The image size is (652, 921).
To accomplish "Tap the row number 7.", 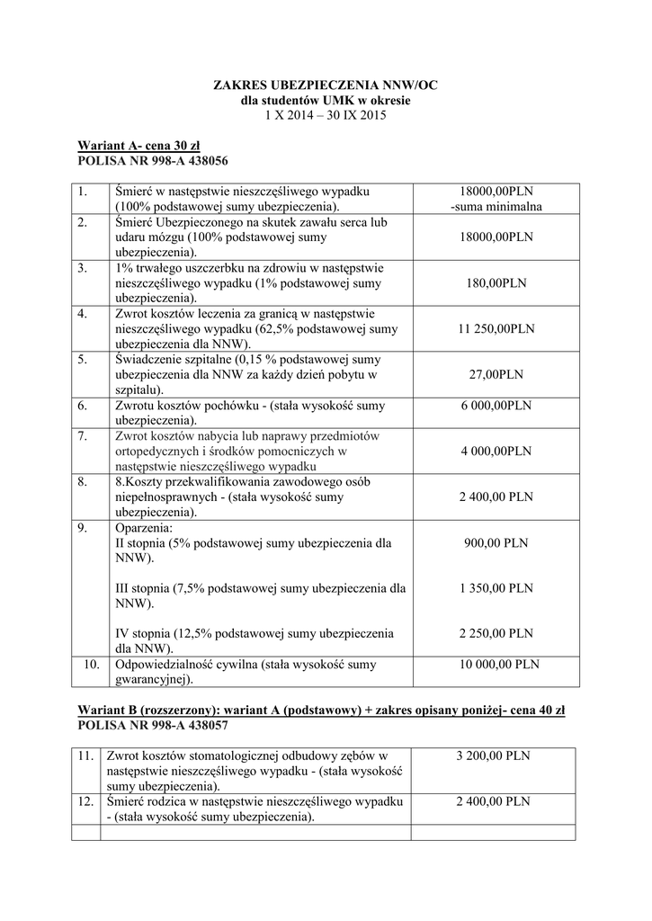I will [x=82, y=436].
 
